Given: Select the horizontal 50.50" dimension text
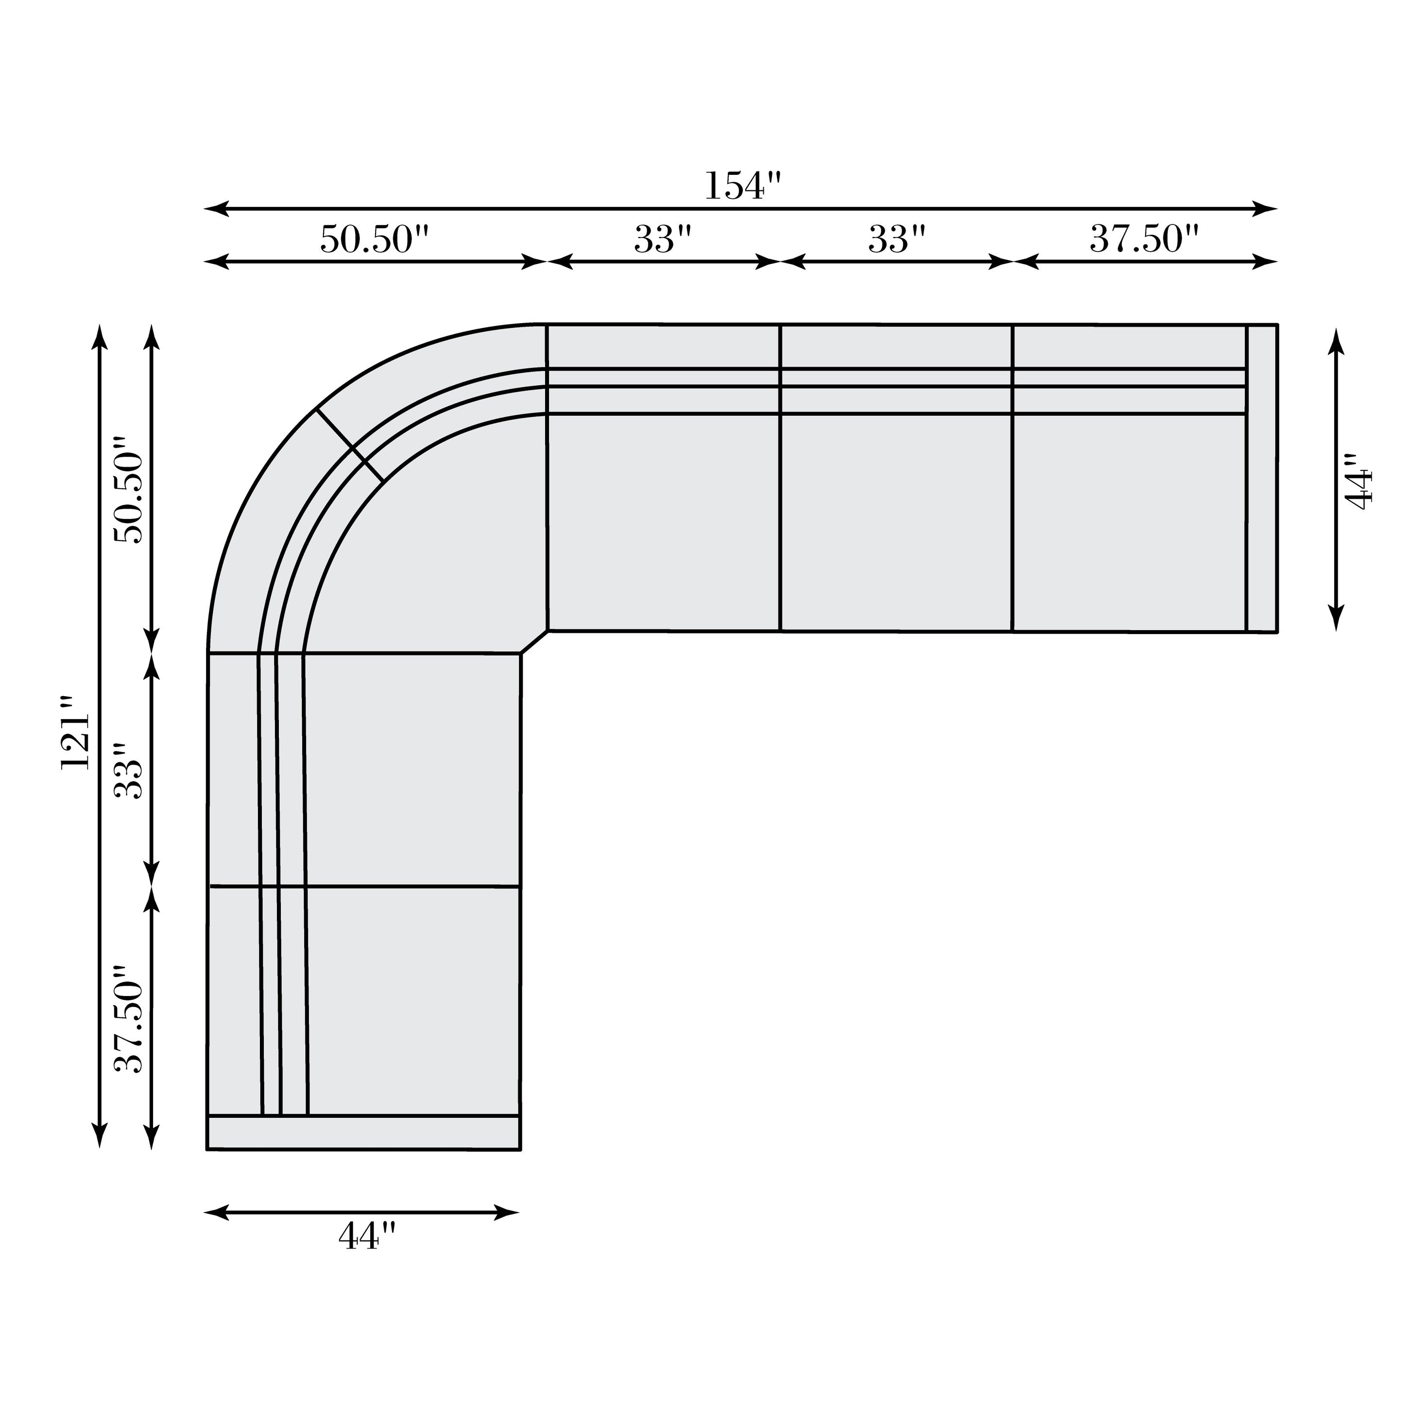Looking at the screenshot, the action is pos(375,240).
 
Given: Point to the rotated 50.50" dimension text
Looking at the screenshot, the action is pos(128,490).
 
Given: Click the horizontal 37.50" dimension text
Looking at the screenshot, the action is pos(1145,240).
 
